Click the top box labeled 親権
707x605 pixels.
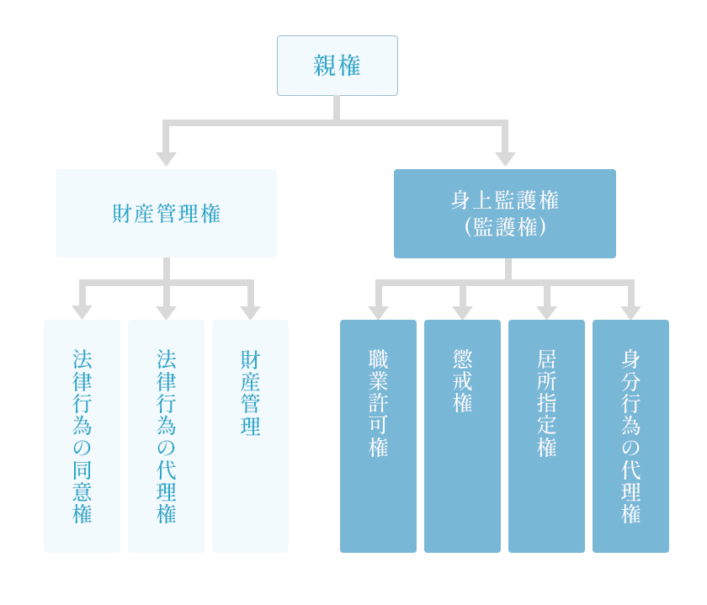(x=338, y=66)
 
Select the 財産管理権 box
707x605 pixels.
(x=166, y=213)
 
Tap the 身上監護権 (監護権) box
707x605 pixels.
(x=505, y=213)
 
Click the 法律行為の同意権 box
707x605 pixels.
(x=82, y=436)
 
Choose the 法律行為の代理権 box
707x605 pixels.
(x=166, y=436)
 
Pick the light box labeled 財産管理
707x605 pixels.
(x=250, y=436)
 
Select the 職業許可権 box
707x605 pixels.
(x=378, y=436)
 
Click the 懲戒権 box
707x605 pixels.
(x=462, y=436)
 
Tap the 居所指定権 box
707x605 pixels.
(x=546, y=436)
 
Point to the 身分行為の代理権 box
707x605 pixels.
(x=630, y=436)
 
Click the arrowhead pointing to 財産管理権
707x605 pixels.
(x=166, y=159)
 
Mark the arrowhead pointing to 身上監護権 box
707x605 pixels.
(x=505, y=159)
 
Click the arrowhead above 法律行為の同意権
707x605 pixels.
(x=82, y=312)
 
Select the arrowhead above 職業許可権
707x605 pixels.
(x=378, y=312)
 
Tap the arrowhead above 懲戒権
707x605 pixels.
(x=462, y=312)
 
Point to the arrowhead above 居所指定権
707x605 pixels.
(x=546, y=312)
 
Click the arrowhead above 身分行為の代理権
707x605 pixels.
(x=630, y=312)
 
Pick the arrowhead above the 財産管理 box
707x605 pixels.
(x=250, y=312)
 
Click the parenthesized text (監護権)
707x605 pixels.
(x=505, y=226)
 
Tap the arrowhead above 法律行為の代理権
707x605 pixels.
(x=166, y=312)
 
